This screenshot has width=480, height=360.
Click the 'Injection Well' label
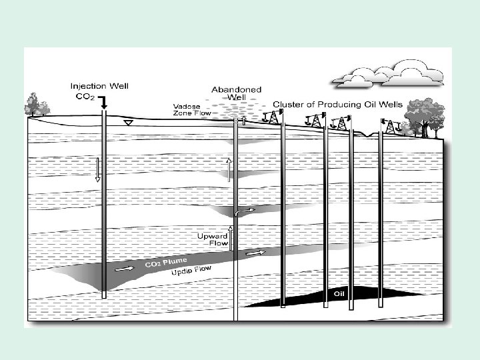coord(99,86)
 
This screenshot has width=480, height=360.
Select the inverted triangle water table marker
coord(129,123)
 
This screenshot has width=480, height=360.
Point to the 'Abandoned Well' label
coord(236,93)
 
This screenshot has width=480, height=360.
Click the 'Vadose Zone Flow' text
coord(192,110)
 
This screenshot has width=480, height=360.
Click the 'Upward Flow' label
coord(213,240)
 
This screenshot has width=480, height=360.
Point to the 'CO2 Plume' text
coord(166,261)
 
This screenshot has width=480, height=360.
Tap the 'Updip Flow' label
coord(191,271)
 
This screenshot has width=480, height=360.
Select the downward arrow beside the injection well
coord(97,169)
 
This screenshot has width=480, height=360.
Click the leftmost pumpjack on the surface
coord(271,118)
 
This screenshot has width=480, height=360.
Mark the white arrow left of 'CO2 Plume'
coord(125,269)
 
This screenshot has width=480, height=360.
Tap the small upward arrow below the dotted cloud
coord(244,121)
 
